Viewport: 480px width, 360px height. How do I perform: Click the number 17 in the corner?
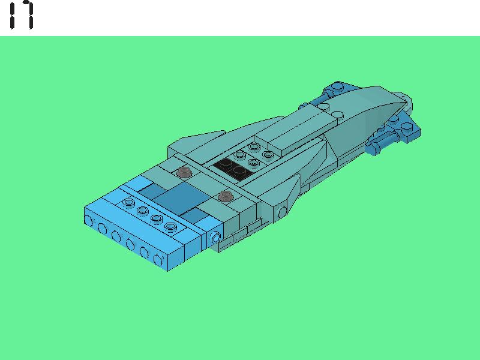coord(21,16)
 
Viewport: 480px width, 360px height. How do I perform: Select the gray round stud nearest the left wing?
coord(184,173)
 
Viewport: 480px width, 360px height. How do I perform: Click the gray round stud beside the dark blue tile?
coord(226,196)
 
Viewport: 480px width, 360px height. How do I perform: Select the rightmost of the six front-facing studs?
coord(159,259)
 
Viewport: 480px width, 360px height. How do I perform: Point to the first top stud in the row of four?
coord(129,202)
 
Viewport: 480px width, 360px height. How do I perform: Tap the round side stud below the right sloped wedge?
coord(282,212)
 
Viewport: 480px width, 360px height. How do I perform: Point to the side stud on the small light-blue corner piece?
coord(215,239)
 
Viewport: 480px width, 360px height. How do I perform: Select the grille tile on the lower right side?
coord(240,235)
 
